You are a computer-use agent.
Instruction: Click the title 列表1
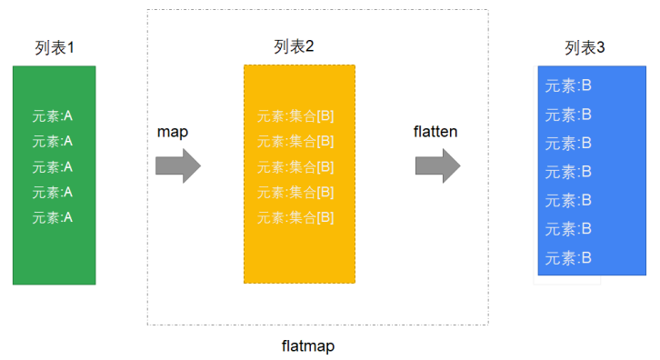coord(54,47)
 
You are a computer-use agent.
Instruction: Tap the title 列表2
coord(294,46)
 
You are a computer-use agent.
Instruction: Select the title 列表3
coord(585,47)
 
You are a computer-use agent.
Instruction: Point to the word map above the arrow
coord(172,132)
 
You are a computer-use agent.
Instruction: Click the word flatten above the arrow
coord(435,132)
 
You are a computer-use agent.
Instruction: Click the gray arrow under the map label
coord(177,166)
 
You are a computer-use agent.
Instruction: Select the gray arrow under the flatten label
coord(438,166)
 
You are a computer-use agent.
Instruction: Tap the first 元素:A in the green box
coord(52,115)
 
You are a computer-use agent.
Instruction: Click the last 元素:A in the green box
coord(52,217)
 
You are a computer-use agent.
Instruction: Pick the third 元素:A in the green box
coord(52,166)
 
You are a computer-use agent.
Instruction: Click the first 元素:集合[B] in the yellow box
coord(295,115)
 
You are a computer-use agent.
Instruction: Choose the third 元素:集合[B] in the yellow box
coord(295,166)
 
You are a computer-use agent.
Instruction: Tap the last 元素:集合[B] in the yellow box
coord(295,217)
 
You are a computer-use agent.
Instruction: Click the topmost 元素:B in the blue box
coord(569,86)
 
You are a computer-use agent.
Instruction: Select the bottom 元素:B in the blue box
coord(569,258)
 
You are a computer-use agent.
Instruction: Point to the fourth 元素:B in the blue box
coord(569,172)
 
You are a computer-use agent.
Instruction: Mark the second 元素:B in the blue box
coord(569,115)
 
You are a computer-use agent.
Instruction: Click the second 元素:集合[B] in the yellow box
coord(295,141)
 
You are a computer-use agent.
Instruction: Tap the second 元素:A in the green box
coord(52,141)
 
